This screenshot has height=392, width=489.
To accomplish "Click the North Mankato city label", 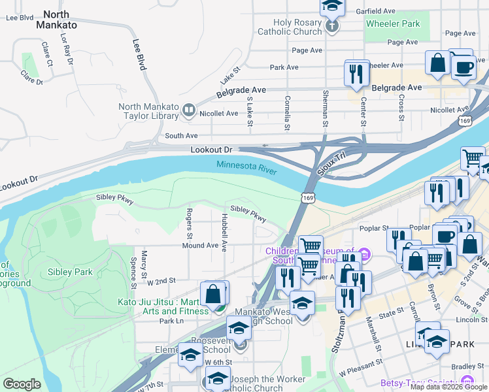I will click(60, 19).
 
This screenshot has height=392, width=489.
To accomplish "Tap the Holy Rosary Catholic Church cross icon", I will click(332, 27).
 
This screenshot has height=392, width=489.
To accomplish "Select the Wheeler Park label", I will click(392, 24).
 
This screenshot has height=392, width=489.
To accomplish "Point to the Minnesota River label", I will click(246, 167).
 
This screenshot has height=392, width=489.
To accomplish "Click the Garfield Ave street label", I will click(394, 11).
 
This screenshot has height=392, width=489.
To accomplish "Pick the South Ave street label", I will click(181, 136).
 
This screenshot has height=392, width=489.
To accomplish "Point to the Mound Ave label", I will click(200, 246).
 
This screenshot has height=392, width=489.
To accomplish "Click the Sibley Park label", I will click(70, 272).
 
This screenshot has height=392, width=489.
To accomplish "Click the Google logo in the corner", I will click(22, 384).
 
